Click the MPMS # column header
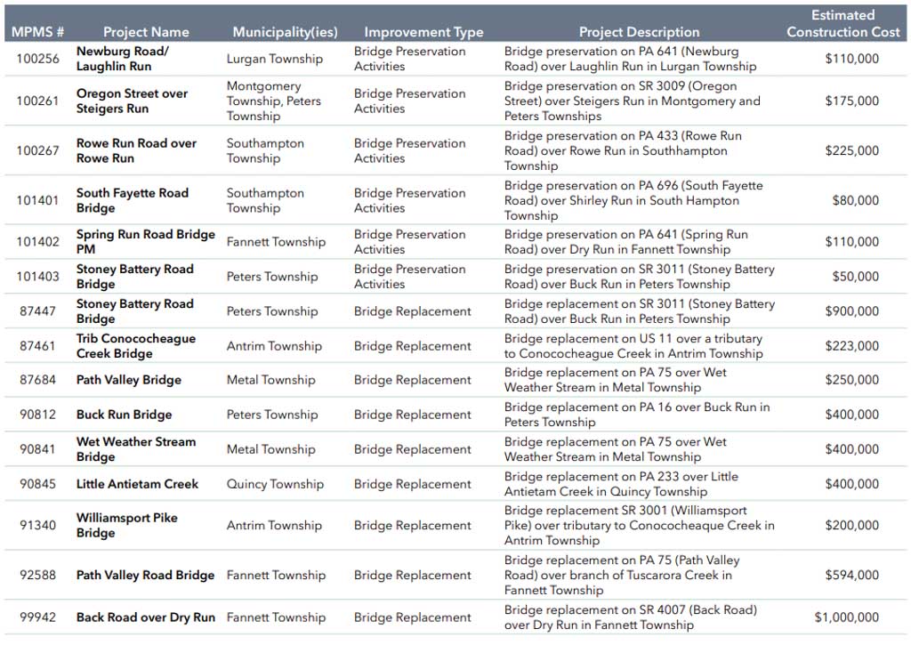pyautogui.click(x=37, y=32)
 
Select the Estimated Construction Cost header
pyautogui.click(x=842, y=23)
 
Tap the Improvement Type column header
pyautogui.click(x=423, y=32)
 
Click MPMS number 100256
pyautogui.click(x=37, y=59)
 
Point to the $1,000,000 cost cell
pyautogui.click(x=846, y=617)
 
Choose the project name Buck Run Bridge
pyautogui.click(x=124, y=415)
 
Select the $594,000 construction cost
pyautogui.click(x=851, y=575)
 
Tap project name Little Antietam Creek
pyautogui.click(x=137, y=484)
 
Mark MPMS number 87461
pyautogui.click(x=37, y=346)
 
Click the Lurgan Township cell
pyautogui.click(x=274, y=59)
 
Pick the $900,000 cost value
pyautogui.click(x=851, y=311)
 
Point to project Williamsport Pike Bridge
pyautogui.click(x=126, y=525)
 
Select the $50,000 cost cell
pyautogui.click(x=855, y=277)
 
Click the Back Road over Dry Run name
pyautogui.click(x=145, y=617)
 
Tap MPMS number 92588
pyautogui.click(x=37, y=575)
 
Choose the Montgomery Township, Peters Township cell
pyautogui.click(x=273, y=101)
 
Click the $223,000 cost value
pyautogui.click(x=851, y=346)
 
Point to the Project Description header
pyautogui.click(x=639, y=32)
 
